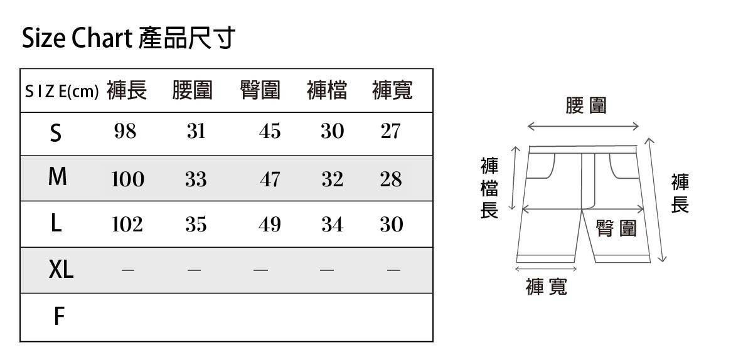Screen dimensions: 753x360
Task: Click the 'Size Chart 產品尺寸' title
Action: tap(129, 38)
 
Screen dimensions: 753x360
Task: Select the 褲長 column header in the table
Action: tap(127, 91)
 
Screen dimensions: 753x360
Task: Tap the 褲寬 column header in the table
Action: tap(392, 91)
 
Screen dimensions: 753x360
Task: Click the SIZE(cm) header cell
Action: tap(61, 92)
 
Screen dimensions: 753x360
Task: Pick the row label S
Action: tap(56, 133)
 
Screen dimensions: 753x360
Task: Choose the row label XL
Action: tap(61, 270)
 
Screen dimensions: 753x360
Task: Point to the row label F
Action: tap(58, 317)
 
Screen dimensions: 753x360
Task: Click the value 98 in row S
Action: tap(125, 132)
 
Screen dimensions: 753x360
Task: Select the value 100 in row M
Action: tap(127, 179)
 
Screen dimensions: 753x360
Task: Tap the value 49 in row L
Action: tap(270, 224)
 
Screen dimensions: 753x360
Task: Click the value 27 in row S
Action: tap(390, 132)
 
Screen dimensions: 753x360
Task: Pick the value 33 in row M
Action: tap(196, 179)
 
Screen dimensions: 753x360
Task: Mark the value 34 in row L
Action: tap(332, 224)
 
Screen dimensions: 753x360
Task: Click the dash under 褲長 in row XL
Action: tap(128, 270)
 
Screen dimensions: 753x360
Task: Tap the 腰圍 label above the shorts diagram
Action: tap(586, 105)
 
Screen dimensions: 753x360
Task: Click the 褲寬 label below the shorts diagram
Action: tap(547, 287)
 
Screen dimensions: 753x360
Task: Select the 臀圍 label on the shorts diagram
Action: tap(616, 228)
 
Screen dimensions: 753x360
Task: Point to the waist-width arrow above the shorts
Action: tap(583, 126)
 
